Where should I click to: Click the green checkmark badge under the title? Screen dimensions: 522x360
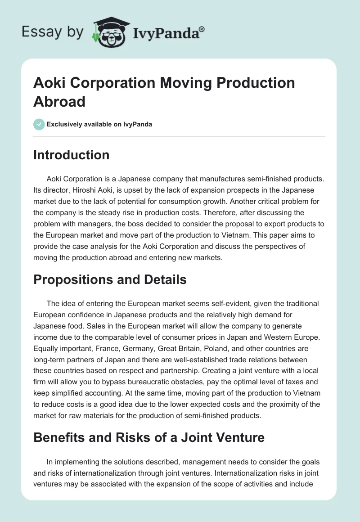39,124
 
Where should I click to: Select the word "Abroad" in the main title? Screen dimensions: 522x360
59,101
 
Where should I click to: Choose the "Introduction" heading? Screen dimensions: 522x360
72,155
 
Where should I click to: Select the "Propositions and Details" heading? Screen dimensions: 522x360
110,279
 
